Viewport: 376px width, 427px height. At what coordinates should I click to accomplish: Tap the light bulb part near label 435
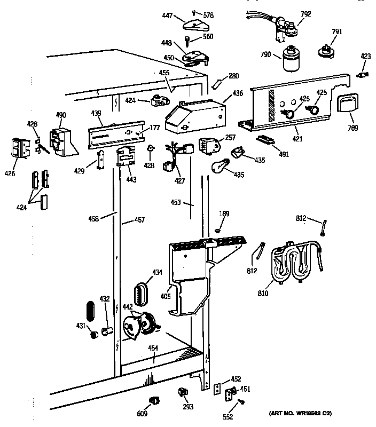[x=220, y=166]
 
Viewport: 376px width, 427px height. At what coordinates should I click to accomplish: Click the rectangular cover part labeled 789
[x=346, y=103]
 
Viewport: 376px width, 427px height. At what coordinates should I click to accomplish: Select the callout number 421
[x=297, y=139]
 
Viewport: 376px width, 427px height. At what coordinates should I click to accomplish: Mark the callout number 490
[x=61, y=114]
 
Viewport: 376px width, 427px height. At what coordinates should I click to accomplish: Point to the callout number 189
[x=224, y=214]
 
